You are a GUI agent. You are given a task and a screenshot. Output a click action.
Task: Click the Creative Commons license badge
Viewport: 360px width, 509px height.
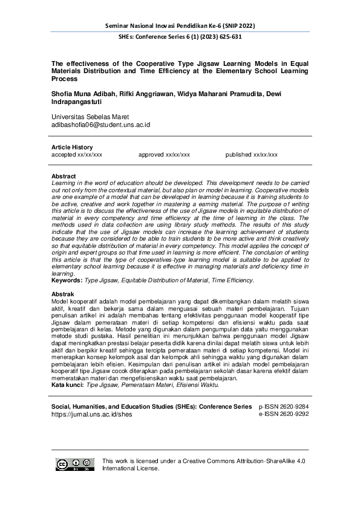75,464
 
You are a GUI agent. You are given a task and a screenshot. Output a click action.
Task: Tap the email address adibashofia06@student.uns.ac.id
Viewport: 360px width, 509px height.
100,125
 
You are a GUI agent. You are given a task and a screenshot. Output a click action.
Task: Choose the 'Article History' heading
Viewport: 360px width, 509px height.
72,148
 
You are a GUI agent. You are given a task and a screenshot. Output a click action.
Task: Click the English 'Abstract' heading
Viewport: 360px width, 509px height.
64,176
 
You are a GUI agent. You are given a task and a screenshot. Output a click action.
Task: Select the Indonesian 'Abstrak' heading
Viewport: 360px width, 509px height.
64,294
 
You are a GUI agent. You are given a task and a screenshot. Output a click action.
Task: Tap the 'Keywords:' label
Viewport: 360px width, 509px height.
68,280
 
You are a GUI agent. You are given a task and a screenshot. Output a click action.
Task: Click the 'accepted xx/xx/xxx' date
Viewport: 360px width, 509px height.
77,155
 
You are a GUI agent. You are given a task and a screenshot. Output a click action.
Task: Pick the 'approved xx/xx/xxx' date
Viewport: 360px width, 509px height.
164,155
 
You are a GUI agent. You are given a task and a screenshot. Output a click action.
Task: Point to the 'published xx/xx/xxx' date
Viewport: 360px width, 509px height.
252,155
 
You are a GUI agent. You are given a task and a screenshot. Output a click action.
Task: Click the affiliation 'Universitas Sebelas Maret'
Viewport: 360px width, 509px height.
90,117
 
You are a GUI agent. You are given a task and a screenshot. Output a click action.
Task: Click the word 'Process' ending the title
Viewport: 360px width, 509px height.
65,79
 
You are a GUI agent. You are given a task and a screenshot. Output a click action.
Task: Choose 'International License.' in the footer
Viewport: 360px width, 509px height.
131,468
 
